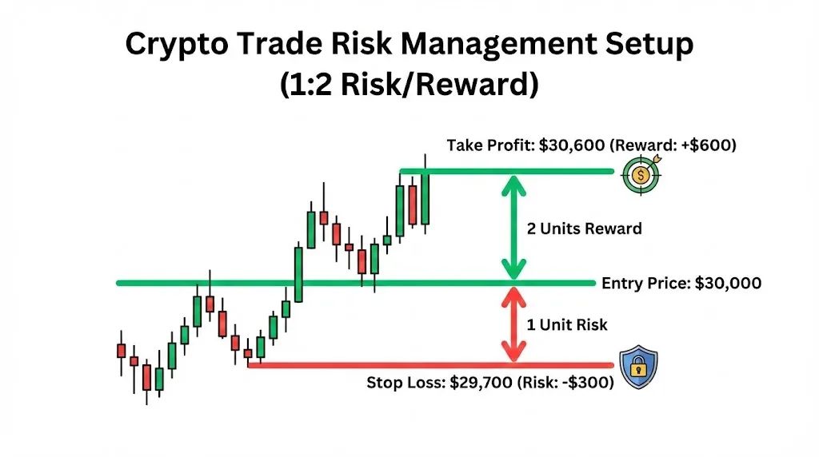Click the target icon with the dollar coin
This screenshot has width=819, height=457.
point(641,175)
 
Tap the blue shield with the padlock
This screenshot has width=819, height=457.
point(638,367)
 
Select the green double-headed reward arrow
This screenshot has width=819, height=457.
point(514,228)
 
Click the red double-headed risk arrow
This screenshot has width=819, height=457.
point(514,324)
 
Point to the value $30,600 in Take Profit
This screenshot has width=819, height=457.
point(572,145)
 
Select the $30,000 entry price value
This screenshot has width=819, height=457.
point(728,284)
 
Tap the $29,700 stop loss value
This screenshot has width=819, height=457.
point(481,383)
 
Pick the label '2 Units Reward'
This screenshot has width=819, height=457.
point(585,228)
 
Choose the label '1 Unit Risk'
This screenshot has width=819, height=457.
point(567,325)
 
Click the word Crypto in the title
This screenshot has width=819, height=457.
point(177,45)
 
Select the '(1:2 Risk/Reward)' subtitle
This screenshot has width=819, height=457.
point(409,84)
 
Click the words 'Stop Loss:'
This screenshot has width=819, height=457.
point(406,383)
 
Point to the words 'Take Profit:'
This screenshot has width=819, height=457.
point(490,145)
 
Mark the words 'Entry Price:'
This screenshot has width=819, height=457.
point(646,284)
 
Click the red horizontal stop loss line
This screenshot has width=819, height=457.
point(430,365)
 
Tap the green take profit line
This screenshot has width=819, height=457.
point(506,171)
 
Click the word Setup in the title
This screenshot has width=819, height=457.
point(649,45)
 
